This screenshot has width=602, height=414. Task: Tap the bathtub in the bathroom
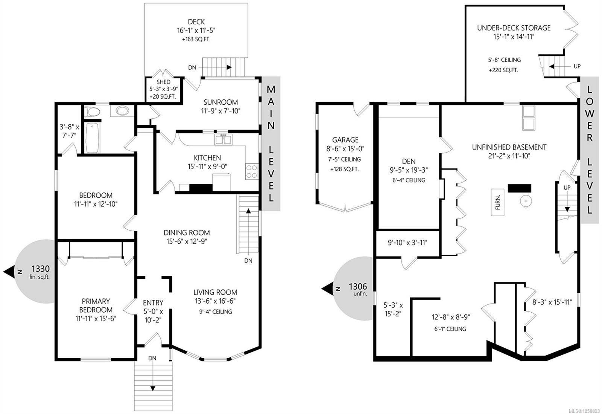92,138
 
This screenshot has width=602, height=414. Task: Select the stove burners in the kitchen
252,172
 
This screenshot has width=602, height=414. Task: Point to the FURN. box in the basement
497,202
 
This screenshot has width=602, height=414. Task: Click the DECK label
196,21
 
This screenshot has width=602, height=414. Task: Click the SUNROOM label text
220,102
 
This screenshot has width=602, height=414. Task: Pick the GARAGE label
345,140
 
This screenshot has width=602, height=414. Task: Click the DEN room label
409,161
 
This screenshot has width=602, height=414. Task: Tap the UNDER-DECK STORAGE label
514,28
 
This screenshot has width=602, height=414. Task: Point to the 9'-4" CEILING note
215,312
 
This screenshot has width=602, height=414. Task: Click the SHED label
163,82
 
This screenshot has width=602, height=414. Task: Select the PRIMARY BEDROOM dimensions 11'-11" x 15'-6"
96,318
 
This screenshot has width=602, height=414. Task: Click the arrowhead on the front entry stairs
153,388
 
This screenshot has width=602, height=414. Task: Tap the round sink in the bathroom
122,111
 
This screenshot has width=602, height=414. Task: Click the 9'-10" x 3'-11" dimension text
407,243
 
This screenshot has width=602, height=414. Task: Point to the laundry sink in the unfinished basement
529,118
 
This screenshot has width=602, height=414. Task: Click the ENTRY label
153,303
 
